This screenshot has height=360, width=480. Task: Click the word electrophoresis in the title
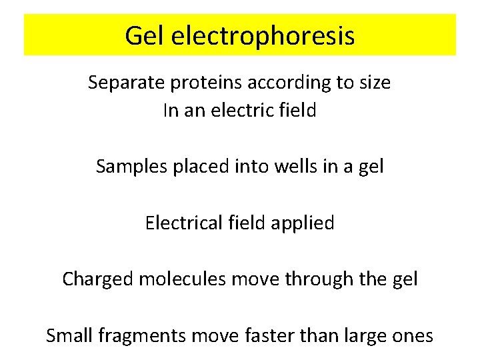(x=263, y=36)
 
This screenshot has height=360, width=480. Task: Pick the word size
(x=375, y=83)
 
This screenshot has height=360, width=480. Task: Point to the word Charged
(x=97, y=279)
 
